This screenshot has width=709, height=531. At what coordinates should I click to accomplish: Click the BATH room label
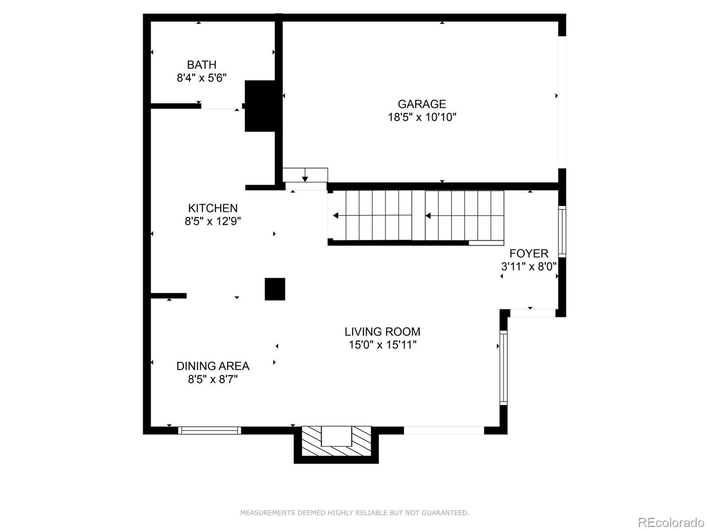pos(202,65)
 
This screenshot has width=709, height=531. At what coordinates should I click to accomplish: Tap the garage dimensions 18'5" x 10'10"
pos(422,117)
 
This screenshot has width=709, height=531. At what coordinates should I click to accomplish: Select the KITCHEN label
pos(213,208)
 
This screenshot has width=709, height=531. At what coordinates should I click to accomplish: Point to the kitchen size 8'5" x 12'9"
pos(213,221)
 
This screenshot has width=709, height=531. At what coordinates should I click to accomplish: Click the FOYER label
pos(529,253)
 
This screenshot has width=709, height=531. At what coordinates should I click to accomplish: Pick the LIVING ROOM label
pos(382,331)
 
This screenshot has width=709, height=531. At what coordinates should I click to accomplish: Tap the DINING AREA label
pos(213,366)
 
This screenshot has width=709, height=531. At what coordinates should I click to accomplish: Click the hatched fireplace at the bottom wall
pos(336,442)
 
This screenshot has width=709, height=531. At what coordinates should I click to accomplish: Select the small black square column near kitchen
pos(275,289)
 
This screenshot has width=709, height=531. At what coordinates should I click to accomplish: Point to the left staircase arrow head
pos(336,215)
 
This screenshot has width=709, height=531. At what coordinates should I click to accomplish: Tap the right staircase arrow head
pos(428,215)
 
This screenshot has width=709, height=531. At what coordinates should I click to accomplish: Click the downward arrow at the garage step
pos(305,178)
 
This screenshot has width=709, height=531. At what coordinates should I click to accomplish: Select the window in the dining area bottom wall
pos(210,430)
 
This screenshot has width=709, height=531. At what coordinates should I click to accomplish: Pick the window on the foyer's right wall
pos(562,231)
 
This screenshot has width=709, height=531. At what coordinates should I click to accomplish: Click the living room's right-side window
pos(503,367)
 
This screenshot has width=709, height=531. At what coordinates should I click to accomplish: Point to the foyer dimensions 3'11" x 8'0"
pos(529,266)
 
